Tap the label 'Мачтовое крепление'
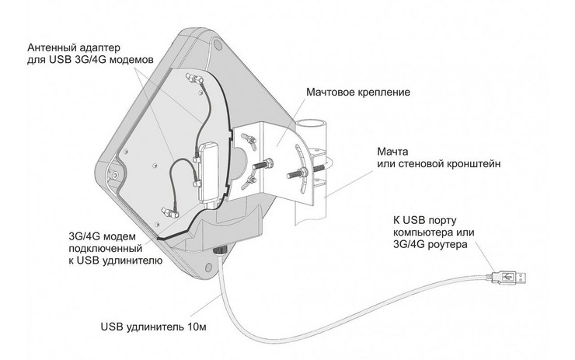(x=358, y=92)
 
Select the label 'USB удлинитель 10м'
(x=153, y=327)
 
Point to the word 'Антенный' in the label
(x=51, y=47)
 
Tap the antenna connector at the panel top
(x=195, y=79)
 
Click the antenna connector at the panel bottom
(x=170, y=212)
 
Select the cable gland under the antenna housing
(x=220, y=250)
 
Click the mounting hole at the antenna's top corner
(x=217, y=45)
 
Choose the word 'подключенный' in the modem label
(x=106, y=249)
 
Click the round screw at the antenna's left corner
(x=115, y=176)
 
